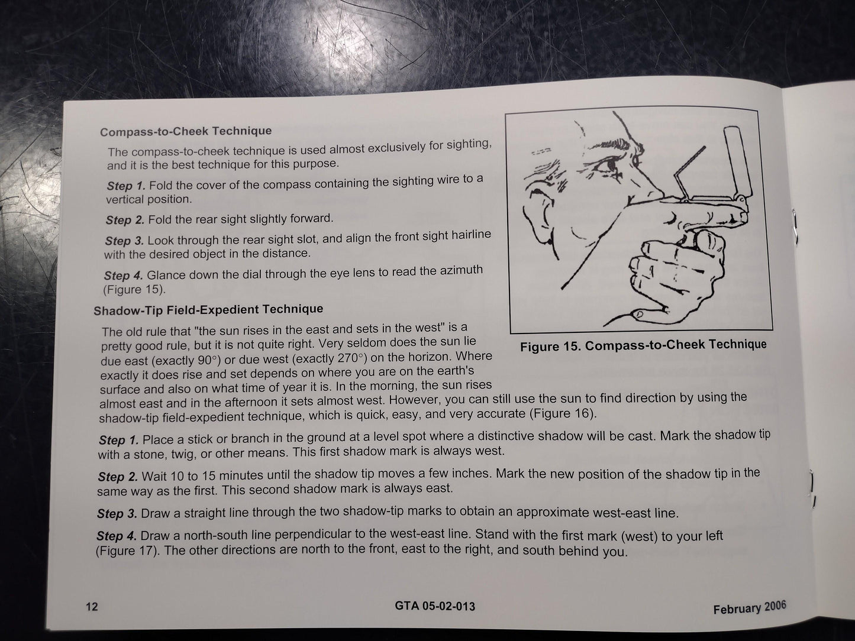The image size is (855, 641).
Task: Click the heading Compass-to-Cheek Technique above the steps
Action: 186,131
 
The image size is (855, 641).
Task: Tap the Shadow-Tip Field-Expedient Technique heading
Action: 208,310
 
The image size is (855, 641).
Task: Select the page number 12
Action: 92,607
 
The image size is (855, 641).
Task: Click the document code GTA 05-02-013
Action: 435,606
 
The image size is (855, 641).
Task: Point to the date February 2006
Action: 750,607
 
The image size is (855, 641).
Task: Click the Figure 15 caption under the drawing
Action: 643,345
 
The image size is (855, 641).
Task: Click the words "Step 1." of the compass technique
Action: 126,186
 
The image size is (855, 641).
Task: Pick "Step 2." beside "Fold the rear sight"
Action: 125,221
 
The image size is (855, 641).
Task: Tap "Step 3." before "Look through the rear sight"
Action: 124,241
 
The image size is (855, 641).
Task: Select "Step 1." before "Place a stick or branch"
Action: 118,440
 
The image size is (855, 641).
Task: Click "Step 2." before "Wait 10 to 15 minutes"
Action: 118,477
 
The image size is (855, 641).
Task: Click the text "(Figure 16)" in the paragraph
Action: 563,413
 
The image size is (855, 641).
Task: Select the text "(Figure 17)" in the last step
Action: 127,551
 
